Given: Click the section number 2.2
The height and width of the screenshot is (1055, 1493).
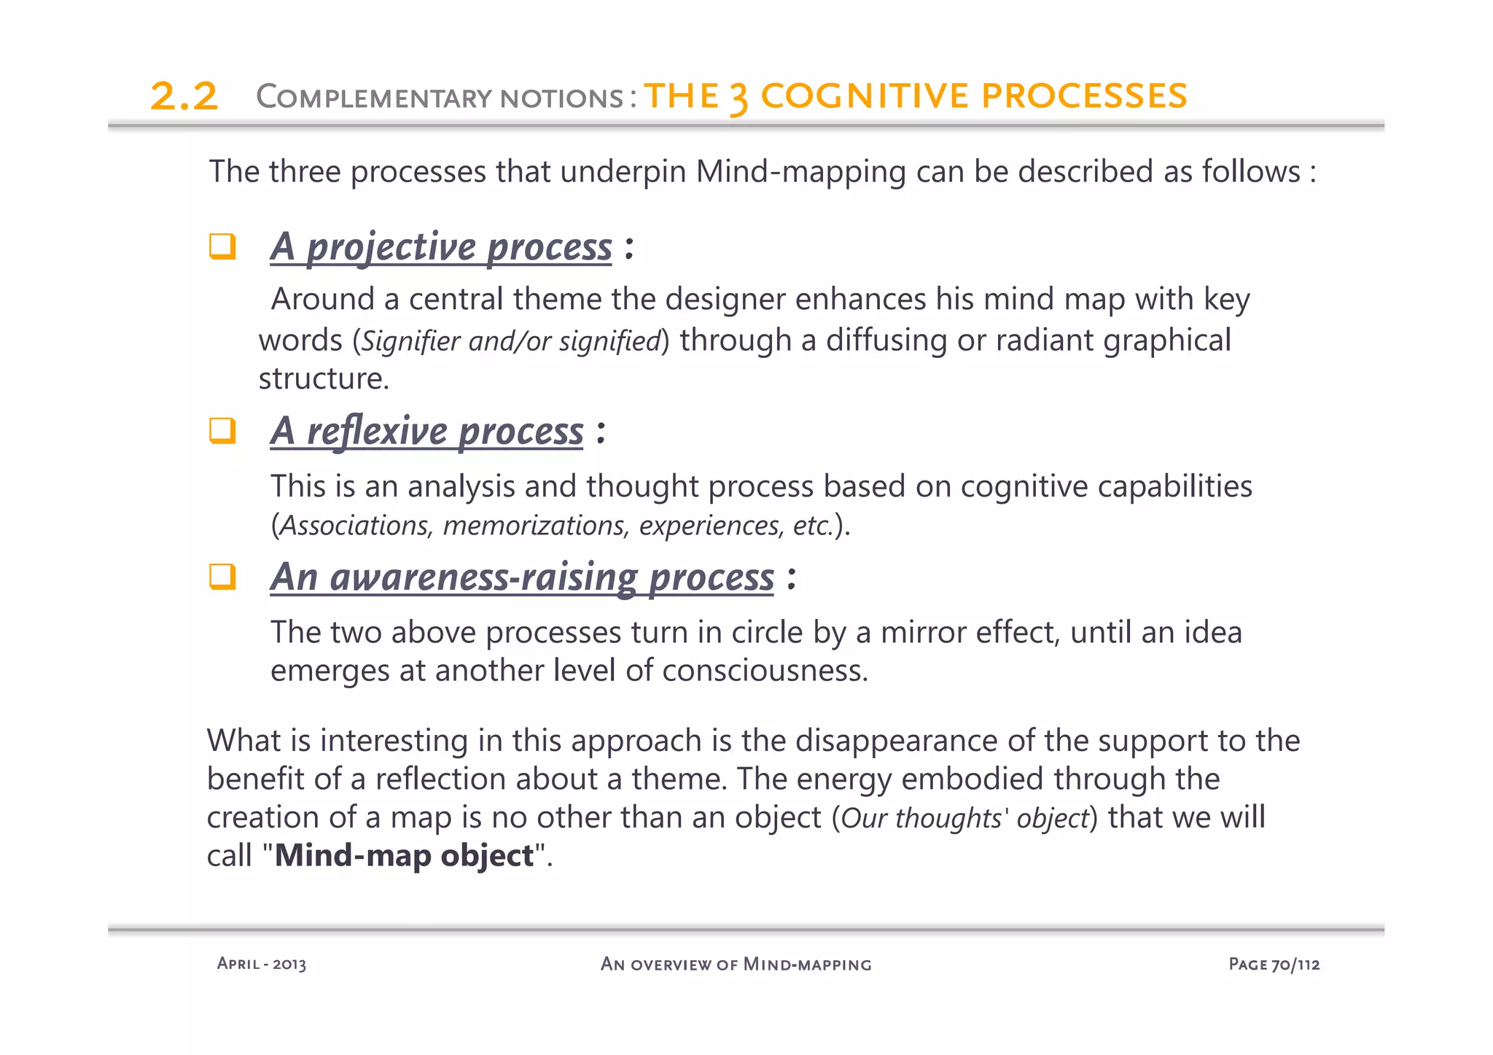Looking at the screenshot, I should tap(184, 97).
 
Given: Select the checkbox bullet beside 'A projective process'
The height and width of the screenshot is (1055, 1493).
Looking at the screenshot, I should tap(222, 246).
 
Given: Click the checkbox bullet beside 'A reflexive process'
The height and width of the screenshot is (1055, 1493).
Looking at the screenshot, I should tap(222, 431).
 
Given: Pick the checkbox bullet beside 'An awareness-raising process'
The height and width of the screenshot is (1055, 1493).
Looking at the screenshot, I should tap(222, 577).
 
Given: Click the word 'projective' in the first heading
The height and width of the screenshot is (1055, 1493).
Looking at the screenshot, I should tap(391, 246).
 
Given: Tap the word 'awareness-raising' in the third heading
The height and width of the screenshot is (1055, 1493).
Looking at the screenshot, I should tap(483, 577).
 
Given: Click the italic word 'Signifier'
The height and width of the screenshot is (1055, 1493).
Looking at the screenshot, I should tap(411, 341).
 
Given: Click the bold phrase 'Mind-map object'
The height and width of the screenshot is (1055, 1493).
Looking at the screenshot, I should tap(404, 855).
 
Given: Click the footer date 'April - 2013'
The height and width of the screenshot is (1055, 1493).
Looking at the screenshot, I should tap(262, 964).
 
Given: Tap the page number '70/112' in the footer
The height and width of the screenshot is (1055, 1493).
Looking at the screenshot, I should tap(1295, 964).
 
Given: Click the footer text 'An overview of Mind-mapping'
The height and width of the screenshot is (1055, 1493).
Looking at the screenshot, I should tap(736, 964).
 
